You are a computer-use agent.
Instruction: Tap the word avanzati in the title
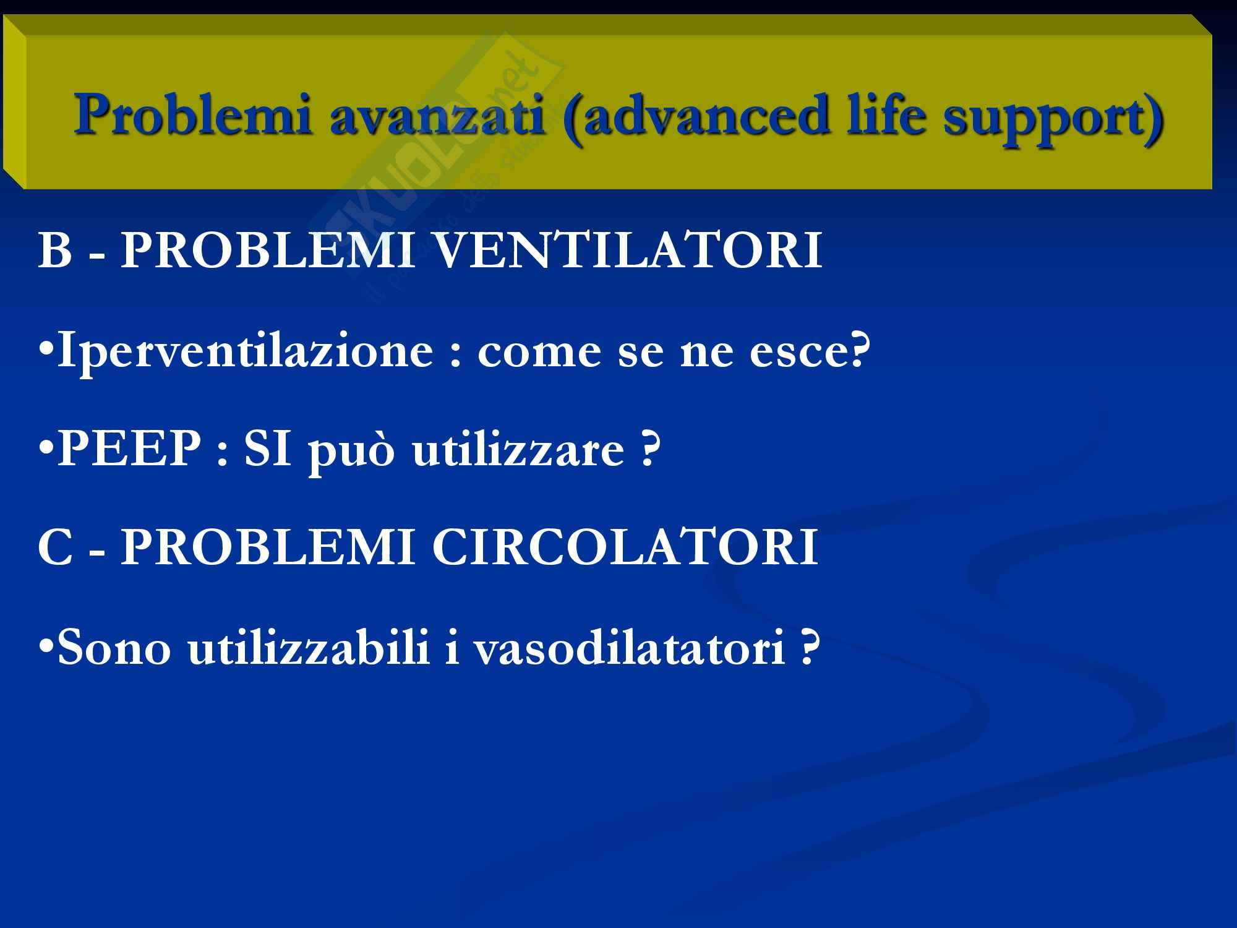[x=437, y=116]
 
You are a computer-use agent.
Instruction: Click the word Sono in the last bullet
[x=114, y=649]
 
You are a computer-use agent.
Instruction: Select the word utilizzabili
[x=309, y=647]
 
